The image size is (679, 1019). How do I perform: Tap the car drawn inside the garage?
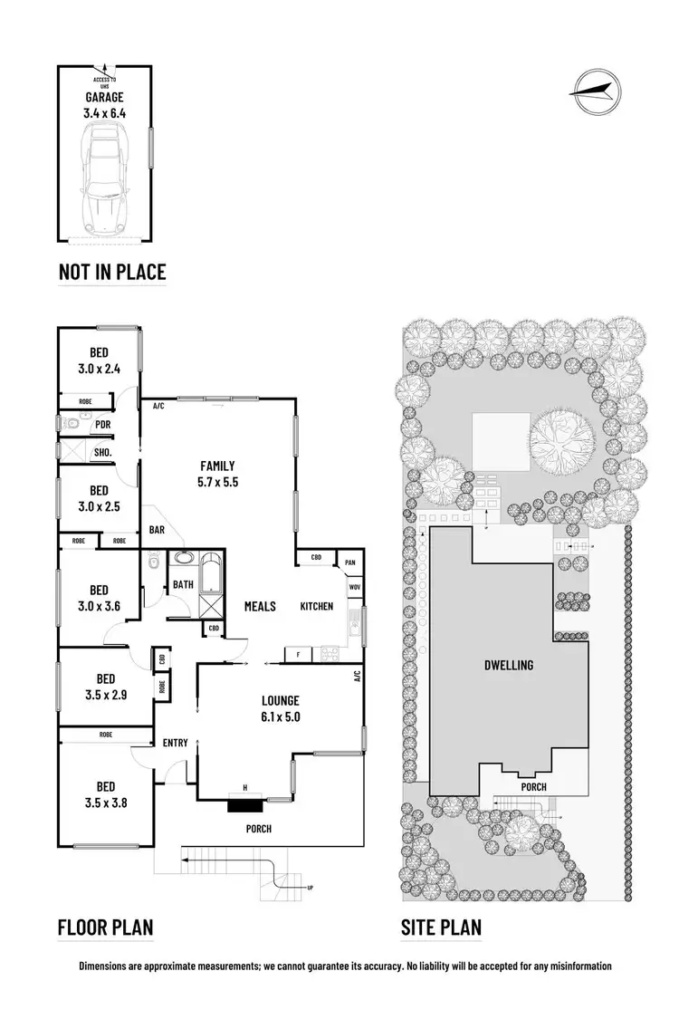click(x=105, y=179)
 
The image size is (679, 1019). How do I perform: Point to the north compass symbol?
click(x=596, y=88)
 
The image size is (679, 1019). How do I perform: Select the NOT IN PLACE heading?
click(x=112, y=272)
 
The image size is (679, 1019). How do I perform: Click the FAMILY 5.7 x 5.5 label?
click(x=219, y=474)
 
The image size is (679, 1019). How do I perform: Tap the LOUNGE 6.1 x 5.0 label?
click(x=280, y=707)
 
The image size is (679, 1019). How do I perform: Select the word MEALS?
click(x=261, y=606)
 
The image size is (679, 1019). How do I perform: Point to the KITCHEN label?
click(x=317, y=606)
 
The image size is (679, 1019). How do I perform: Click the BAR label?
click(x=158, y=530)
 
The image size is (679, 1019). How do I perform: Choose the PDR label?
click(x=102, y=423)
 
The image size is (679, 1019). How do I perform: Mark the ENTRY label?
click(x=175, y=743)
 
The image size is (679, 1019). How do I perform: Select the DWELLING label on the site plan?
click(x=508, y=665)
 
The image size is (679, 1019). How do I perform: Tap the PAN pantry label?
click(x=349, y=562)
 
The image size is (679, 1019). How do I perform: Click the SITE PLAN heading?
click(x=442, y=928)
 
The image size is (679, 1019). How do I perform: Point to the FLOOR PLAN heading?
click(x=105, y=928)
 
